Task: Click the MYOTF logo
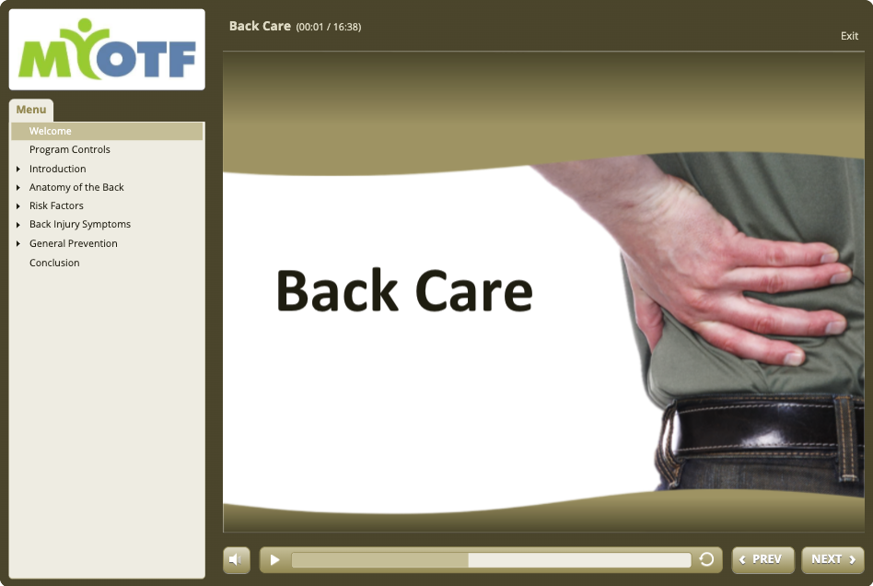coord(107,49)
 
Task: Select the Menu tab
coord(31,110)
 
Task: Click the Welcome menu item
coord(50,131)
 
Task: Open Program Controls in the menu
coord(70,149)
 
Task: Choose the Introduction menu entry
coord(57,169)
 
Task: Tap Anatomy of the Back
coord(76,187)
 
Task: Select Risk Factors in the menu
coord(56,205)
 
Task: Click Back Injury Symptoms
coord(79,225)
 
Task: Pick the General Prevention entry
coord(73,243)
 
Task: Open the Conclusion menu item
coord(54,263)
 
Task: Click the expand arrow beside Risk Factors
coord(18,206)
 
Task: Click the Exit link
coord(849,36)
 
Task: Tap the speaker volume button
coord(236,559)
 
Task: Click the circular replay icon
coord(706,559)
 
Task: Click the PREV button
coord(762,559)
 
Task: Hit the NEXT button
coord(832,559)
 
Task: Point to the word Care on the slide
coord(474,291)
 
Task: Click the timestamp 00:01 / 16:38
coord(329,27)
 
